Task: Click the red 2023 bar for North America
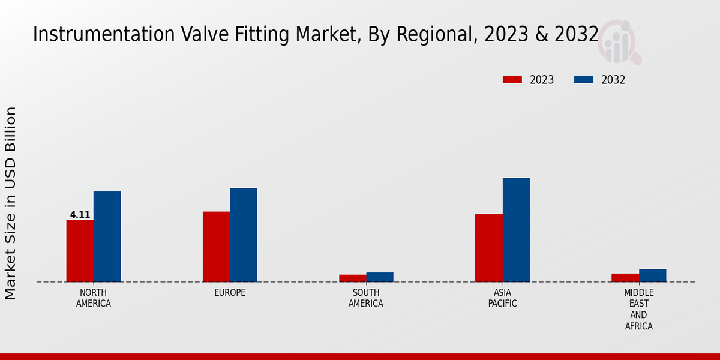tap(80, 251)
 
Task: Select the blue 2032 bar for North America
tap(107, 236)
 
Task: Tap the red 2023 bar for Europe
tap(216, 247)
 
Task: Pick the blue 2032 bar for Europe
tap(243, 235)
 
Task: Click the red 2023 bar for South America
tap(352, 278)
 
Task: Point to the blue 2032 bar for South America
tap(380, 277)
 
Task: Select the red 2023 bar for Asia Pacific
tap(488, 248)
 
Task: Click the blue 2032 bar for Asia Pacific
tap(516, 230)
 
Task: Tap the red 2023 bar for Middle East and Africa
tap(625, 278)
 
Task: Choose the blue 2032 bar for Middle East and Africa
tap(652, 275)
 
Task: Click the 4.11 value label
tap(80, 215)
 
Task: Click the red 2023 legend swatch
tap(512, 80)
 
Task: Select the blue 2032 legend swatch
tap(584, 80)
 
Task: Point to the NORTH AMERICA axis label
tap(94, 298)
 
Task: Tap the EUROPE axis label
tap(230, 293)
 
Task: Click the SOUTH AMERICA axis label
tap(366, 298)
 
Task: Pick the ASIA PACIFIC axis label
tap(502, 298)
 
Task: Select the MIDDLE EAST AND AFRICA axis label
tap(638, 310)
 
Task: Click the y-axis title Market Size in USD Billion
tap(11, 203)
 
